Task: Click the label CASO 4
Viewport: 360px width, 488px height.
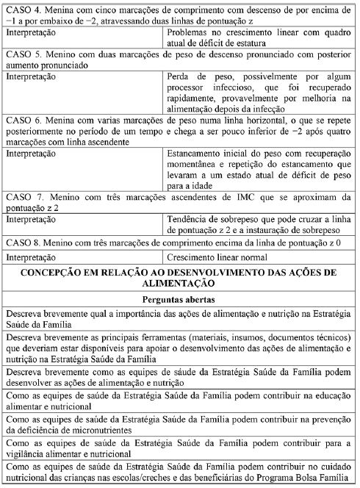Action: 23,6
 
